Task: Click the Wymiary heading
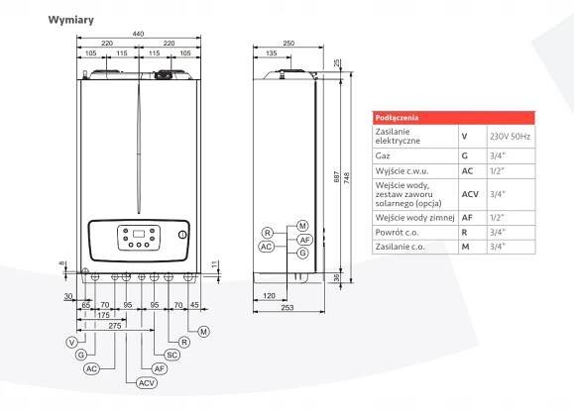pyautogui.click(x=71, y=20)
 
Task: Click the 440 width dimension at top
pyautogui.click(x=138, y=34)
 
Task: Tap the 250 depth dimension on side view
pyautogui.click(x=288, y=44)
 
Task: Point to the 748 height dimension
pyautogui.click(x=347, y=178)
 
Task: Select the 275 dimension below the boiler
pyautogui.click(x=115, y=325)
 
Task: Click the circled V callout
pyautogui.click(x=72, y=343)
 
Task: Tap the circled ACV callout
pyautogui.click(x=147, y=383)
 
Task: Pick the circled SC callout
pyautogui.click(x=172, y=355)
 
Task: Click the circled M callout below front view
pyautogui.click(x=204, y=332)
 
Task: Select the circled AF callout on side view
pyautogui.click(x=305, y=240)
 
